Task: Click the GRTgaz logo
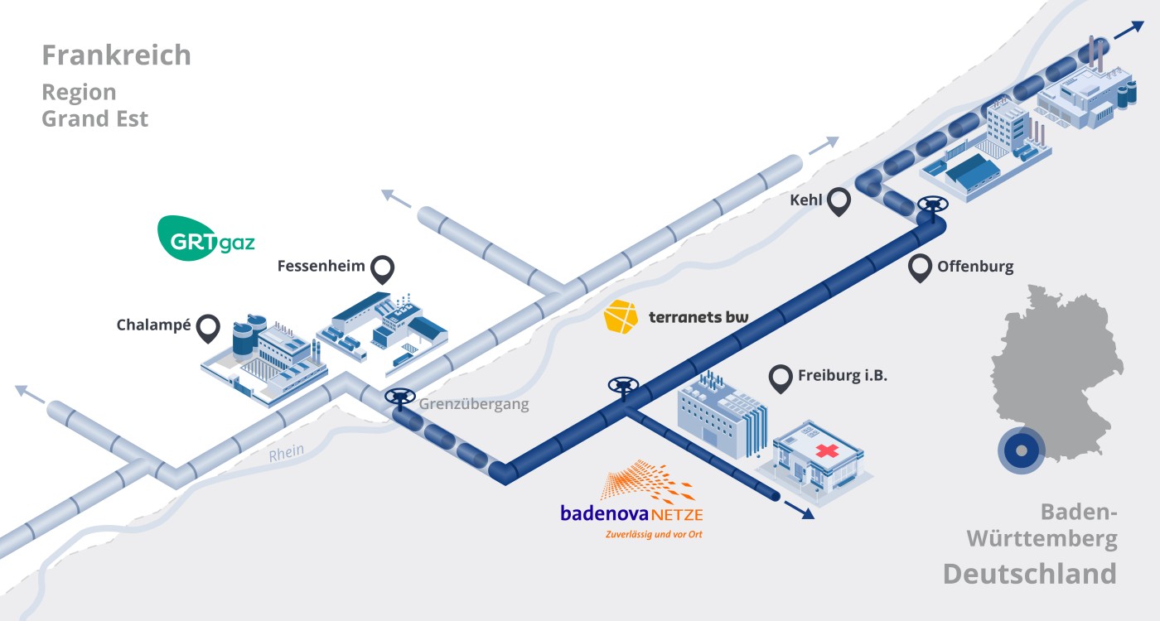tap(206, 238)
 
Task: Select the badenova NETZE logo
tap(631, 502)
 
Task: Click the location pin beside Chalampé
tap(207, 329)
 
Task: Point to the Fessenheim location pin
tap(382, 268)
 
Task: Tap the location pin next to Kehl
tap(840, 201)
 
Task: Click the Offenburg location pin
tap(920, 267)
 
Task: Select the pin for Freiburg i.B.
tap(781, 378)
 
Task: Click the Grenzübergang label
tap(473, 405)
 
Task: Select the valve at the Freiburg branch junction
tap(622, 385)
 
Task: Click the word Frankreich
tap(117, 55)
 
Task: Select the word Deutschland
tap(1029, 574)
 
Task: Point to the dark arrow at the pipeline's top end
tap(1127, 30)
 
